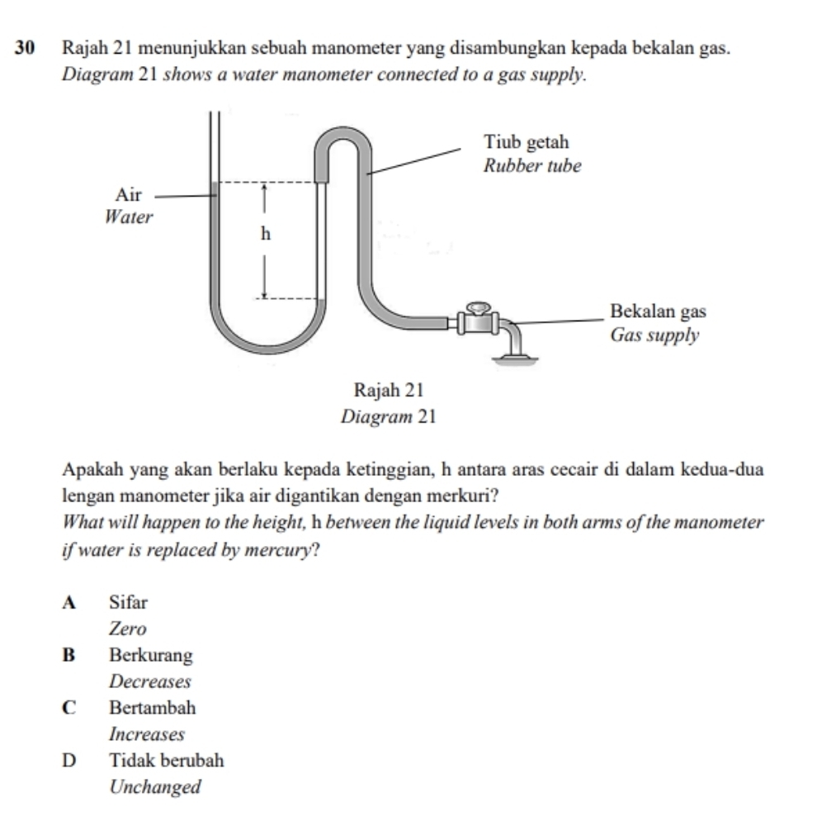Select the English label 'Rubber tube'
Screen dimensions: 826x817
pos(532,166)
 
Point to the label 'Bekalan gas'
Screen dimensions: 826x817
pos(658,312)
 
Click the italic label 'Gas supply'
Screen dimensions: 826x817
pos(654,335)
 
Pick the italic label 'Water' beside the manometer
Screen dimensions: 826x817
pos(130,218)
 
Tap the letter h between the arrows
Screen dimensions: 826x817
pos(265,235)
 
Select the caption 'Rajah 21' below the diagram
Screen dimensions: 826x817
pos(388,389)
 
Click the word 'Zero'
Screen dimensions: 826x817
pos(128,629)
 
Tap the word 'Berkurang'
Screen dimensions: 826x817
pos(151,656)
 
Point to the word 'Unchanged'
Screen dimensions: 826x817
pos(155,786)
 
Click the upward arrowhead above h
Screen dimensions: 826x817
pos(265,190)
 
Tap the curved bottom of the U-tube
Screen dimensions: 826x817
pos(267,347)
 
